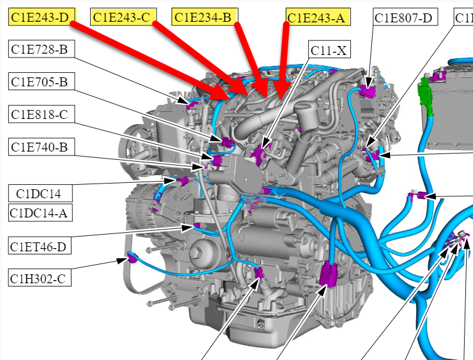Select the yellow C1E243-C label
pos(123,17)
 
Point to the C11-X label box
pos(329,50)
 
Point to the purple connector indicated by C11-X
pos(260,153)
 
